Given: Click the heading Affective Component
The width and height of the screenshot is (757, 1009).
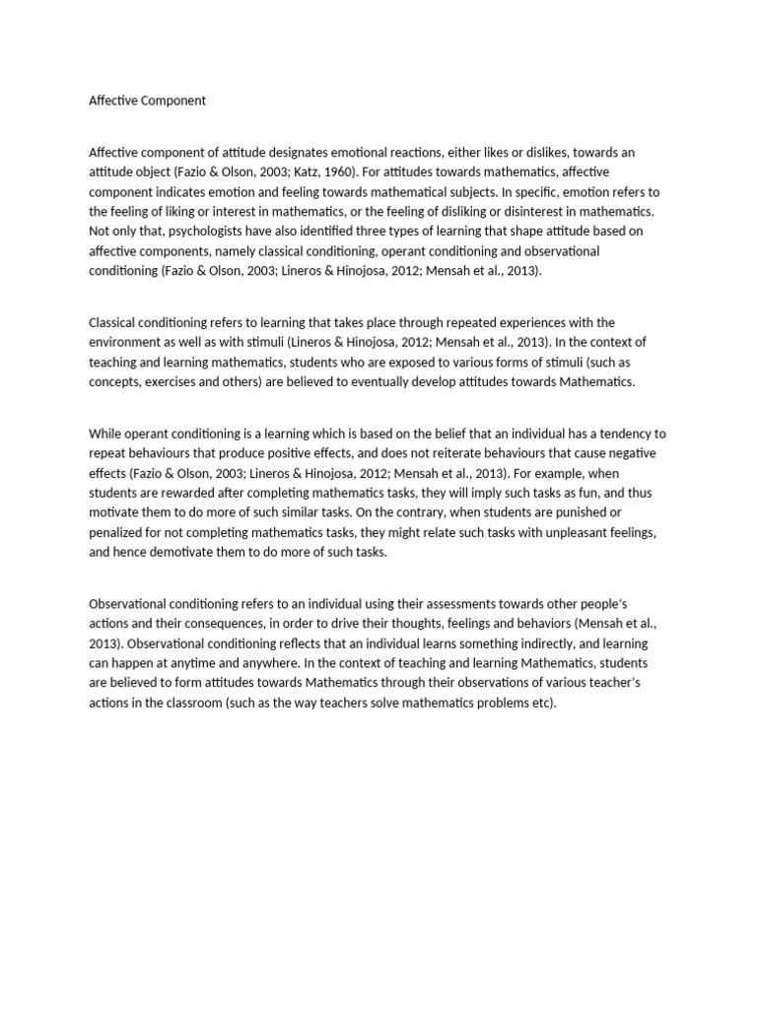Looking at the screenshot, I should click(147, 100).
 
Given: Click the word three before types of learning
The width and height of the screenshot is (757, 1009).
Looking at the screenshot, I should click(407, 231).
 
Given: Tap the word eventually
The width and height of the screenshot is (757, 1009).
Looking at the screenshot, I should click(366, 381).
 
